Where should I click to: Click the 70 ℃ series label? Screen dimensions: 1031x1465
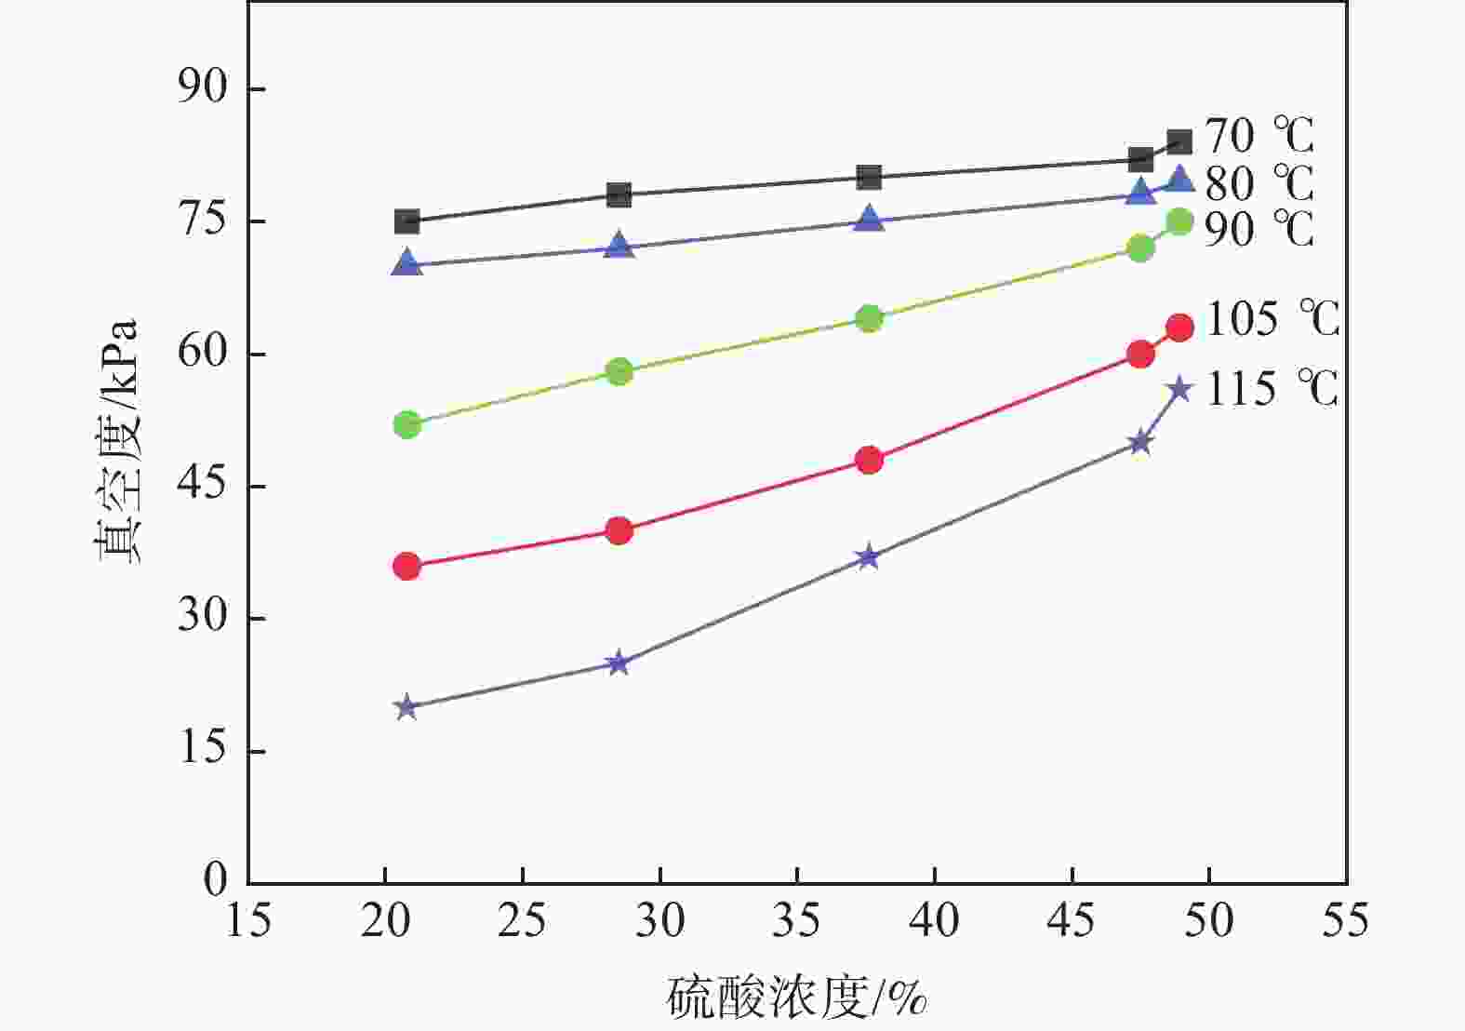click(x=1259, y=136)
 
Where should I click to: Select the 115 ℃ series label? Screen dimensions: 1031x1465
click(x=1272, y=389)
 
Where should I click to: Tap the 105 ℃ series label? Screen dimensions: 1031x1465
click(x=1272, y=319)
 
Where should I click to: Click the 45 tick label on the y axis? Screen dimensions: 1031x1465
click(x=202, y=485)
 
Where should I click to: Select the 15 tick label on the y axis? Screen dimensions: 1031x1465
click(x=202, y=749)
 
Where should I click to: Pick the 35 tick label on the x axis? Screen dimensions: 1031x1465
click(x=797, y=920)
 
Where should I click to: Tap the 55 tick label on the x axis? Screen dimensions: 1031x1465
click(x=1346, y=920)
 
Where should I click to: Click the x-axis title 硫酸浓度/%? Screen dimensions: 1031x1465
click(x=797, y=998)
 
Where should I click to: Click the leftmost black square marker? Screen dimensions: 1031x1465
click(x=406, y=221)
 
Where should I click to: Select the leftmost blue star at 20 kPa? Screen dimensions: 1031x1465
click(x=406, y=708)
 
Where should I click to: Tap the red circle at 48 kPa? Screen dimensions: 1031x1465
click(x=869, y=460)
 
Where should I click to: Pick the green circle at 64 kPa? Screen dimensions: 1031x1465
click(x=869, y=319)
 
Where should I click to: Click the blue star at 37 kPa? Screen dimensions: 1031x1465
click(x=868, y=557)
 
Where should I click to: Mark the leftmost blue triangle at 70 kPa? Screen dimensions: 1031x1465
click(x=406, y=264)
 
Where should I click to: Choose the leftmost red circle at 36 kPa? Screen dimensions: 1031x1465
click(x=406, y=566)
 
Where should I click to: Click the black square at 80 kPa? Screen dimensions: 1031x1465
click(x=869, y=177)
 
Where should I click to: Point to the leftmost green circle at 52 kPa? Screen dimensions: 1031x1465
click(x=406, y=425)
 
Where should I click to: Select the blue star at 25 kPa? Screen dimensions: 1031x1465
click(x=619, y=663)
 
